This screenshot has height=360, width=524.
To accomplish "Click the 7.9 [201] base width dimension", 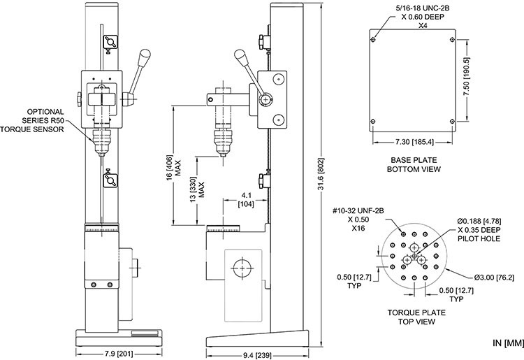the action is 119,354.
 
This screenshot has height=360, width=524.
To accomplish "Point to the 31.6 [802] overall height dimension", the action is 321,175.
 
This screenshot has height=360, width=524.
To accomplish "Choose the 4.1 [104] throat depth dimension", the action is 246,199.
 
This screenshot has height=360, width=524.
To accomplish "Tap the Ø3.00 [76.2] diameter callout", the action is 494,278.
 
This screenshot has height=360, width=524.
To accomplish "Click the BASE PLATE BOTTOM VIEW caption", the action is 414,165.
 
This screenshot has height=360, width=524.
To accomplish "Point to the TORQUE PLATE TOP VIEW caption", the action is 416,317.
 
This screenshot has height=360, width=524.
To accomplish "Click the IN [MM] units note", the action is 508,343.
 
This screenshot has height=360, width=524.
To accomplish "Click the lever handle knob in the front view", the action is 145,54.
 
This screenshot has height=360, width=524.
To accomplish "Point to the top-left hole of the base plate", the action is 373,40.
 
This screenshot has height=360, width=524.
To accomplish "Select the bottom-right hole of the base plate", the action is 452,121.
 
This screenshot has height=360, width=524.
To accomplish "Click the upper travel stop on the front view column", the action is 110,42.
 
